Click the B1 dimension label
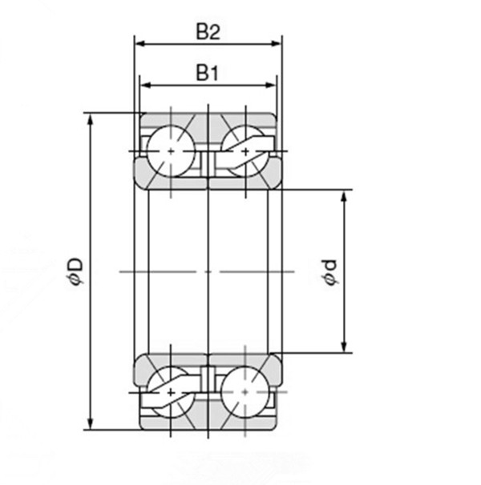click(208, 73)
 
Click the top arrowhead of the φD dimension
click(91, 118)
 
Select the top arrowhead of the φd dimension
click(345, 194)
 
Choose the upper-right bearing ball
click(245, 150)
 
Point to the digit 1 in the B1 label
click(215, 73)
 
